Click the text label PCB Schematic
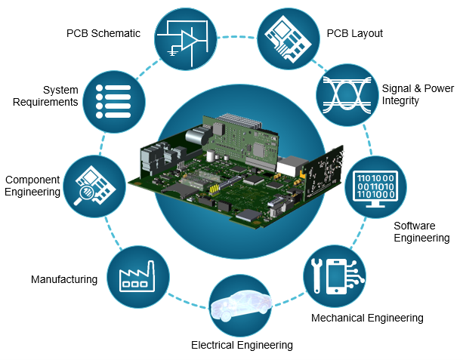[x=103, y=33]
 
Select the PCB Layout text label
[x=354, y=33]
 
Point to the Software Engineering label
[x=421, y=232]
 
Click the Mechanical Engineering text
[x=367, y=318]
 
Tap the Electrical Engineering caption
[x=241, y=345]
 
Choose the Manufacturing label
[x=64, y=279]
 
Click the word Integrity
[x=400, y=100]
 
